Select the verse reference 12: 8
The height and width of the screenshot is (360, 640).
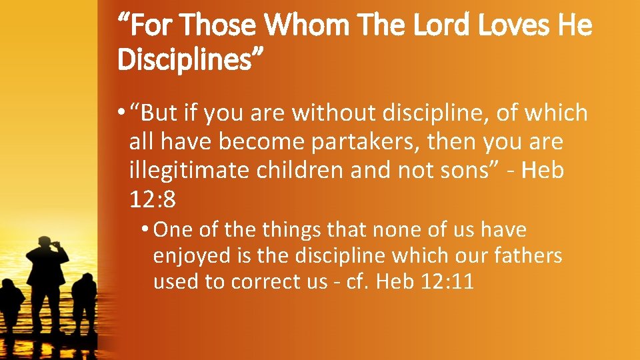coord(153,198)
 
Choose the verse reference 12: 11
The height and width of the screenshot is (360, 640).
coord(448,282)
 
